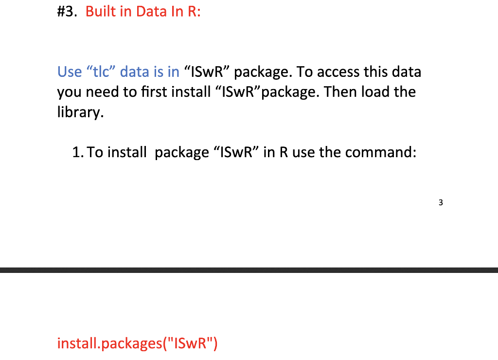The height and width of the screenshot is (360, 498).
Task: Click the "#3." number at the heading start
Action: (x=67, y=12)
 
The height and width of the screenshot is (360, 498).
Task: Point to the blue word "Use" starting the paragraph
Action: (x=70, y=72)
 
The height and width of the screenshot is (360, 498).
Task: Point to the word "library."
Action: (x=81, y=112)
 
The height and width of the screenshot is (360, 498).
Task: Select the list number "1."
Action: (x=78, y=153)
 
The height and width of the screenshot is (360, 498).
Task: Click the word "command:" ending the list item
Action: (x=381, y=153)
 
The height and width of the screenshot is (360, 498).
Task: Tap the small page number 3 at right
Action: (x=441, y=203)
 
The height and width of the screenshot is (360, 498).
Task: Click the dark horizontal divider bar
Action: (x=249, y=270)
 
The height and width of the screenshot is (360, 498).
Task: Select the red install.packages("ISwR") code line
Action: (x=138, y=344)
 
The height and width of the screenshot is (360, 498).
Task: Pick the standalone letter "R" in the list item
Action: (x=283, y=153)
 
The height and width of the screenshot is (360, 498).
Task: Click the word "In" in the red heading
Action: (x=176, y=12)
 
